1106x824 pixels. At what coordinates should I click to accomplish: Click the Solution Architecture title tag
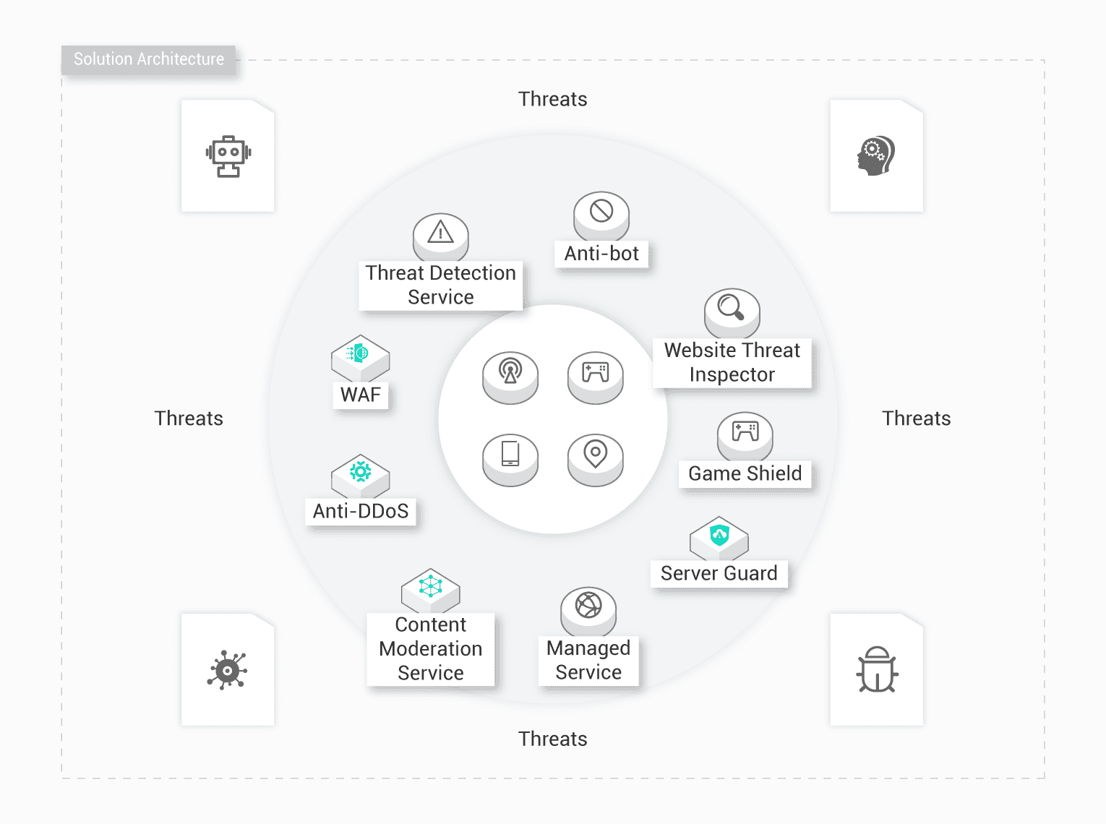pyautogui.click(x=148, y=59)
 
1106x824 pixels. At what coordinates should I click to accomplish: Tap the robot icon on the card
pyautogui.click(x=228, y=156)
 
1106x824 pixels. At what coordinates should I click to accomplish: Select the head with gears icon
pyautogui.click(x=876, y=155)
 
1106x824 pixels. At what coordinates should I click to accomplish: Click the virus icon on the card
pyautogui.click(x=228, y=670)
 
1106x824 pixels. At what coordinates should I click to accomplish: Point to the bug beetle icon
pyautogui.click(x=877, y=669)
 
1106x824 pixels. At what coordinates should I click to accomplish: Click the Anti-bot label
pyautogui.click(x=601, y=254)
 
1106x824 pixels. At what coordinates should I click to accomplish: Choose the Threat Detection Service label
pyautogui.click(x=440, y=285)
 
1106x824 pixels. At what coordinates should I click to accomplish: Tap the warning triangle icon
pyautogui.click(x=440, y=232)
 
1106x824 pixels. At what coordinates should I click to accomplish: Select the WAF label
pyautogui.click(x=360, y=395)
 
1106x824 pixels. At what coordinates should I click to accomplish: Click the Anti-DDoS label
pyautogui.click(x=361, y=511)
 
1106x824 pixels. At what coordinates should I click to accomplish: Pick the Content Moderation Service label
pyautogui.click(x=431, y=648)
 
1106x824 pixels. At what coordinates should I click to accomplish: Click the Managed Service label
pyautogui.click(x=588, y=660)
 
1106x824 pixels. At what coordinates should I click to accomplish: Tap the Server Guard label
pyautogui.click(x=719, y=573)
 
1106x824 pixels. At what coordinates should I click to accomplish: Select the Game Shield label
pyautogui.click(x=745, y=473)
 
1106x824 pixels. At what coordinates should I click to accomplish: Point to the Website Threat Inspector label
pyautogui.click(x=732, y=362)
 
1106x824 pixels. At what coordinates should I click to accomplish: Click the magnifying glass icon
pyautogui.click(x=731, y=307)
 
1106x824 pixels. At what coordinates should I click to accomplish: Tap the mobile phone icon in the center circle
pyautogui.click(x=510, y=453)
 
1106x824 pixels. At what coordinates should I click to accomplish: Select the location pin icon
pyautogui.click(x=595, y=453)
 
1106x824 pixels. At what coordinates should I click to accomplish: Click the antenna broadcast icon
pyautogui.click(x=510, y=372)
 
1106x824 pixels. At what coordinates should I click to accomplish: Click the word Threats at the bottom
pyautogui.click(x=552, y=739)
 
